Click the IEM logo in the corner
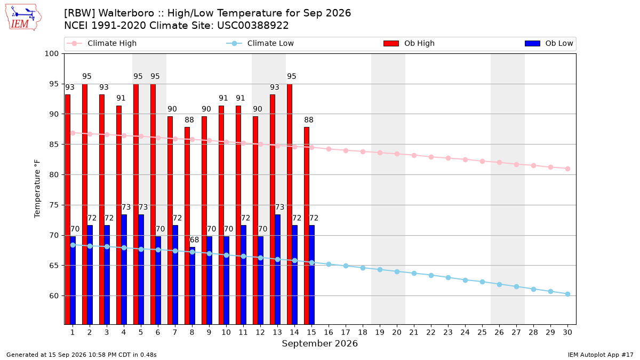[x=23, y=18]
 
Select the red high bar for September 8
[x=187, y=226]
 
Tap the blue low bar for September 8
[x=193, y=286]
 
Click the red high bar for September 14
[x=290, y=204]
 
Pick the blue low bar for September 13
[x=277, y=269]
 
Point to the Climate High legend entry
[x=101, y=43]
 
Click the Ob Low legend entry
[x=549, y=43]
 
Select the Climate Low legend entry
[x=260, y=43]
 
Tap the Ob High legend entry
[x=409, y=43]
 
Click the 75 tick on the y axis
[x=54, y=205]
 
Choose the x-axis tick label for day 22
[x=431, y=332]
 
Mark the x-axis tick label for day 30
[x=567, y=332]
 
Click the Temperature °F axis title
[x=37, y=189]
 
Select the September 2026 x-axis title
[x=319, y=343]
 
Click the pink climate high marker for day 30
[x=567, y=169]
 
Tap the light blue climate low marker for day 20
[x=397, y=271]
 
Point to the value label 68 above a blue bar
[x=194, y=239]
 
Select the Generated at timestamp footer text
[x=82, y=355]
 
